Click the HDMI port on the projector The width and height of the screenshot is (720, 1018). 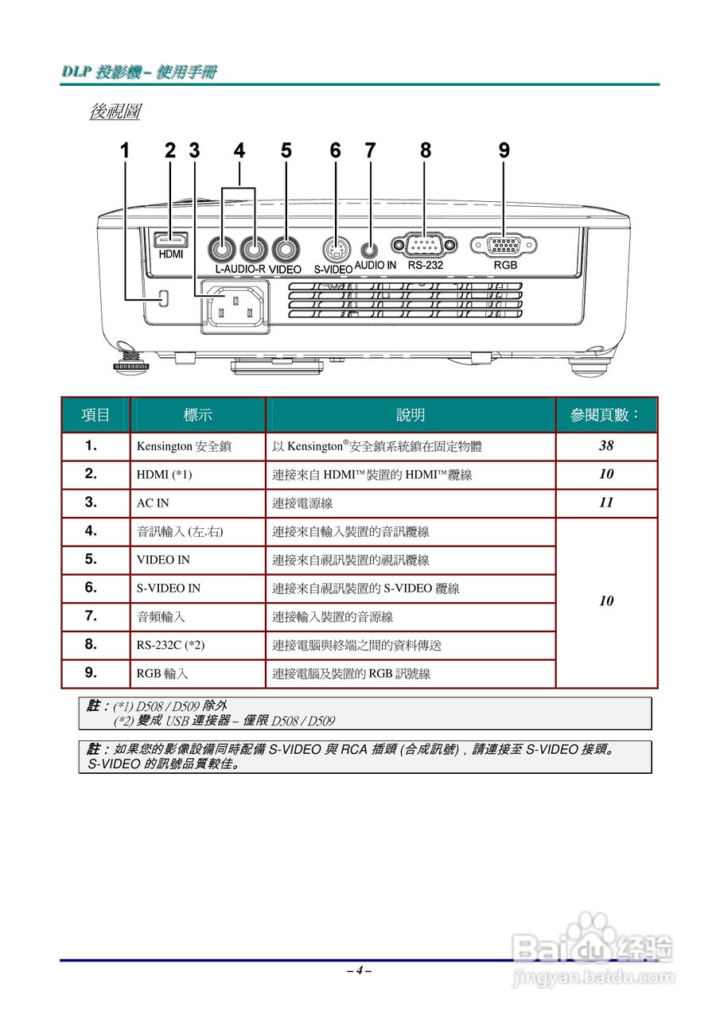(170, 238)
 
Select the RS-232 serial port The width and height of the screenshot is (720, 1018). (424, 246)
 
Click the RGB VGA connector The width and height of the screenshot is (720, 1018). (504, 246)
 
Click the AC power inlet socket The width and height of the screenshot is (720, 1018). (235, 306)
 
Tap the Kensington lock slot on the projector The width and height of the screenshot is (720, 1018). (165, 297)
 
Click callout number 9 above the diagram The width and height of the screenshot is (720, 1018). (504, 150)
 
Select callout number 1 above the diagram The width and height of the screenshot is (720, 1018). (124, 150)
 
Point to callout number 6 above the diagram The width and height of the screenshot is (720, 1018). (335, 150)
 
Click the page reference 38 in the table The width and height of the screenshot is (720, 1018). (606, 446)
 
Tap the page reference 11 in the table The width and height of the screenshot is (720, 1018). (606, 503)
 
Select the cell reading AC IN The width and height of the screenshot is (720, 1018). (153, 503)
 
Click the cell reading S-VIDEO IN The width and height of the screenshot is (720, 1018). (169, 588)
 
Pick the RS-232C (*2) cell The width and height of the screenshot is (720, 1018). (176, 645)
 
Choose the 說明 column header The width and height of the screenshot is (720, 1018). (411, 414)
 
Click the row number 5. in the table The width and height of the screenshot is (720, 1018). (91, 558)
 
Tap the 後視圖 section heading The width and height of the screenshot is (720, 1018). (115, 111)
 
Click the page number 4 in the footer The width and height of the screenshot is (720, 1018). (360, 970)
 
